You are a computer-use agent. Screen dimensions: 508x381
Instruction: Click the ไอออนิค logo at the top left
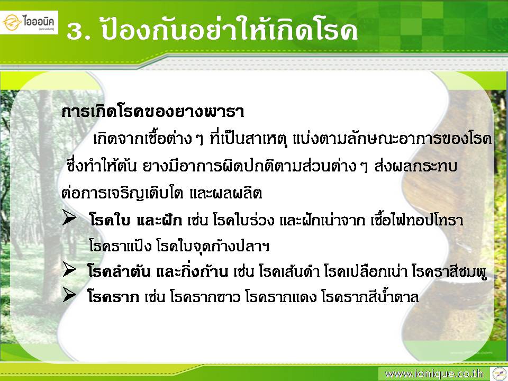29,22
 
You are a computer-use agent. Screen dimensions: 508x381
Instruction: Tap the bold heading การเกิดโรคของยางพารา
152,112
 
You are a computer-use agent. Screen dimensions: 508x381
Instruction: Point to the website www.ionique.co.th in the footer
434,374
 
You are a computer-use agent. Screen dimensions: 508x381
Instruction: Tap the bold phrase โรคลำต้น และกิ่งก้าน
158,271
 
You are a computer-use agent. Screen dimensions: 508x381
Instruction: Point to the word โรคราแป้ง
120,246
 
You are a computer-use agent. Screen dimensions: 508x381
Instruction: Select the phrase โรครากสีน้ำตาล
370,296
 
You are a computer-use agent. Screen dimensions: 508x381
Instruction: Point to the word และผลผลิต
225,194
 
